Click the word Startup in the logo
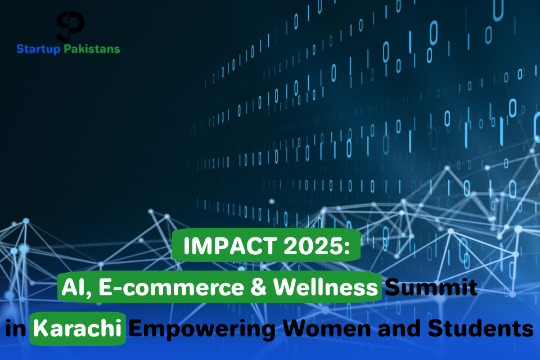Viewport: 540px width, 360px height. pos(38,49)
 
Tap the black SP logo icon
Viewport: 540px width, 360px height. pos(70,26)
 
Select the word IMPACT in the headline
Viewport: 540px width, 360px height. pos(230,246)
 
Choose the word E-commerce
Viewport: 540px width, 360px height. pos(171,287)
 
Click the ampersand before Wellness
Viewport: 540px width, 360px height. pos(258,287)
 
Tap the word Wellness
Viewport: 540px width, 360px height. pos(326,287)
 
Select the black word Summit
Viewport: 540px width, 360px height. pos(431,287)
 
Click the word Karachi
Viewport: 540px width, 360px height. pos(77,328)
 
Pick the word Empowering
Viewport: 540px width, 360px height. pos(202,329)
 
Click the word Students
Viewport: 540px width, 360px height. pos(480,328)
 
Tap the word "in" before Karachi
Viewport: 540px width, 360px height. pos(16,328)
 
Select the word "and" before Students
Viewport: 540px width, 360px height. pos(399,328)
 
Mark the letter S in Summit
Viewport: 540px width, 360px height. pos(392,287)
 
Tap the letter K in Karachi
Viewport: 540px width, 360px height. pos(40,328)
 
